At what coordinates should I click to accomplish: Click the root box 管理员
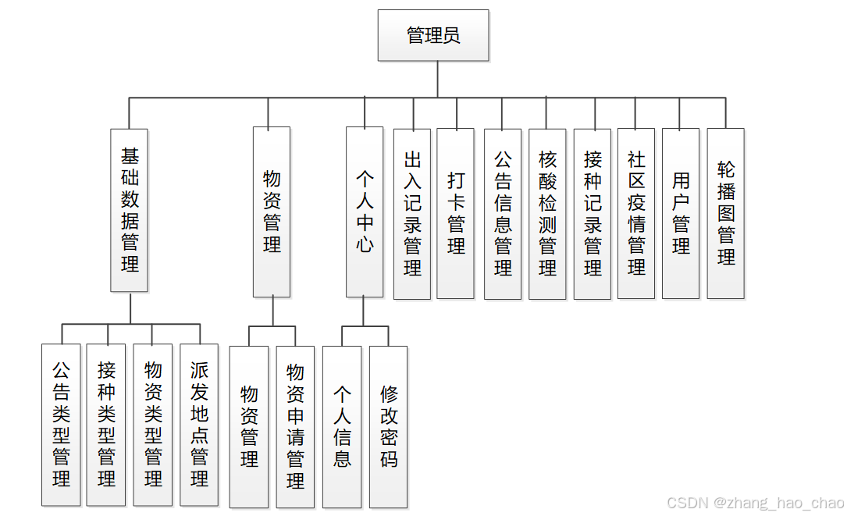433,35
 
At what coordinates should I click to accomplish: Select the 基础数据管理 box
130,209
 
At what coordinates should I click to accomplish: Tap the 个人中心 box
365,212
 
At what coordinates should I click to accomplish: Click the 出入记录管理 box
412,214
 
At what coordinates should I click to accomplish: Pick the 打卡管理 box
456,214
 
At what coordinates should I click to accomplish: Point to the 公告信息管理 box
503,214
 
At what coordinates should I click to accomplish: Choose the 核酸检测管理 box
547,214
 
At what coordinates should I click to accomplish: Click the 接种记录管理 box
593,214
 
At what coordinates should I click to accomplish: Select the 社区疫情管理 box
636,213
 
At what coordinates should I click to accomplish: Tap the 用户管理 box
681,213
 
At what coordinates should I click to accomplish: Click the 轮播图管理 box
726,213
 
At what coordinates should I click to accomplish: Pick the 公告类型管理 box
61,425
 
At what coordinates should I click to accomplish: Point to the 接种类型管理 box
106,425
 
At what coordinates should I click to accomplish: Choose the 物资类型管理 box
153,425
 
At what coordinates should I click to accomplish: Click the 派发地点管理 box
199,425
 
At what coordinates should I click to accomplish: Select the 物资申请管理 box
295,427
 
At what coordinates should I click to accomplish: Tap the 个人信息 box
342,427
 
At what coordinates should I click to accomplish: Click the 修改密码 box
388,427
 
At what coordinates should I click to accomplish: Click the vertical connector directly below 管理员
437,79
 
